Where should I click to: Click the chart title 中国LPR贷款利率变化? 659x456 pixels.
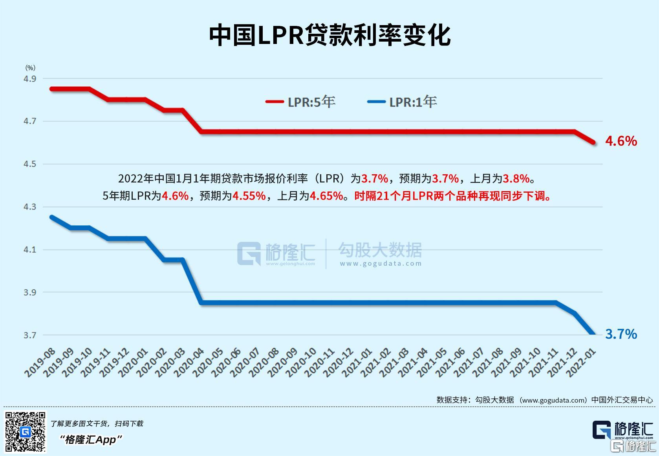coord(329,35)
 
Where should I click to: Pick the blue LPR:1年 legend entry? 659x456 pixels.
coord(402,102)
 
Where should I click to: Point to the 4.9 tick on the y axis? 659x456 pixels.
coord(30,79)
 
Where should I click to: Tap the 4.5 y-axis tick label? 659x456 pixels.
coord(30,164)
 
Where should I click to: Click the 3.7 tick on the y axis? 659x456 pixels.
coord(30,335)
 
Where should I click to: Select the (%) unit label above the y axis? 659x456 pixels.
coord(30,68)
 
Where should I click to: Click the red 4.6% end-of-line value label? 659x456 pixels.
coord(621,141)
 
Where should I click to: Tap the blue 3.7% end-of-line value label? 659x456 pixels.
coord(621,334)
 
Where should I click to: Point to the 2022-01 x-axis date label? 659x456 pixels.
coord(581,363)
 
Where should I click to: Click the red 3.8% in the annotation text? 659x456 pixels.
coord(516,179)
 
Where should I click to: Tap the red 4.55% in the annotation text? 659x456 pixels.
coord(249,196)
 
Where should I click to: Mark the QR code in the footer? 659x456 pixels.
coord(25,432)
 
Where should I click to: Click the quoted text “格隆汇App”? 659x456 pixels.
coord(91,440)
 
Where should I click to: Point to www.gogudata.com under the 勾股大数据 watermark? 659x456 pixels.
coord(381,264)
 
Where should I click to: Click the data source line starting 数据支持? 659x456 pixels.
coord(544,400)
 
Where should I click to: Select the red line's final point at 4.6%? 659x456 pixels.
coord(594,142)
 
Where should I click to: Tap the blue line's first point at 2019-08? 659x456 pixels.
coord(51,217)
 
